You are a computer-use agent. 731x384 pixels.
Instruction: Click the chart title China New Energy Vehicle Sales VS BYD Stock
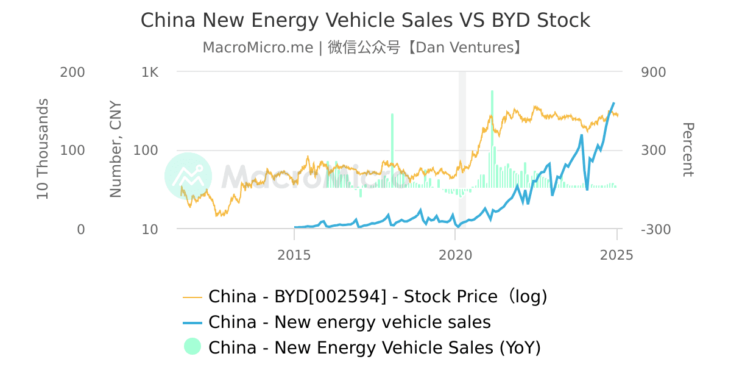tap(365, 20)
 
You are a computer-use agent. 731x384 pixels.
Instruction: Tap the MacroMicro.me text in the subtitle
tap(258, 48)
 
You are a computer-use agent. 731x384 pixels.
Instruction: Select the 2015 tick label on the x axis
tap(294, 255)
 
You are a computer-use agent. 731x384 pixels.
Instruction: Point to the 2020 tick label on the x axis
tap(455, 255)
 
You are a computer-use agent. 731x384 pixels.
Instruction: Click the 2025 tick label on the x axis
tap(616, 255)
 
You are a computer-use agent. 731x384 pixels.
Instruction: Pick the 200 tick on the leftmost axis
tap(72, 72)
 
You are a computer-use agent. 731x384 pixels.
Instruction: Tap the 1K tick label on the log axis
tap(150, 72)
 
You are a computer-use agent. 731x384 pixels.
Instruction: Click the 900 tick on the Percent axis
tap(653, 72)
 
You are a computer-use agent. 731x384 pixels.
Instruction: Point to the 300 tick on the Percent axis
tap(653, 151)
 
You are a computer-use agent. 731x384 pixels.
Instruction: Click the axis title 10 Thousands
tap(43, 151)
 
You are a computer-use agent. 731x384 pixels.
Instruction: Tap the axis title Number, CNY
tap(116, 150)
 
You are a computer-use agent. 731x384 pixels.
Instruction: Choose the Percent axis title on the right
tap(687, 150)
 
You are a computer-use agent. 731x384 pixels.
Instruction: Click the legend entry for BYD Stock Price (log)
tap(378, 297)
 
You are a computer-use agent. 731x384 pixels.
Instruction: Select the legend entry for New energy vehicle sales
tap(349, 322)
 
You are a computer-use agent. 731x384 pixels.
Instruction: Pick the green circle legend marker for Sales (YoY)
tap(192, 347)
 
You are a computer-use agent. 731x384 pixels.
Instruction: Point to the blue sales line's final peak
tap(613, 103)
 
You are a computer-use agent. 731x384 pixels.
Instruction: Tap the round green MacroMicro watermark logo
tap(188, 176)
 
